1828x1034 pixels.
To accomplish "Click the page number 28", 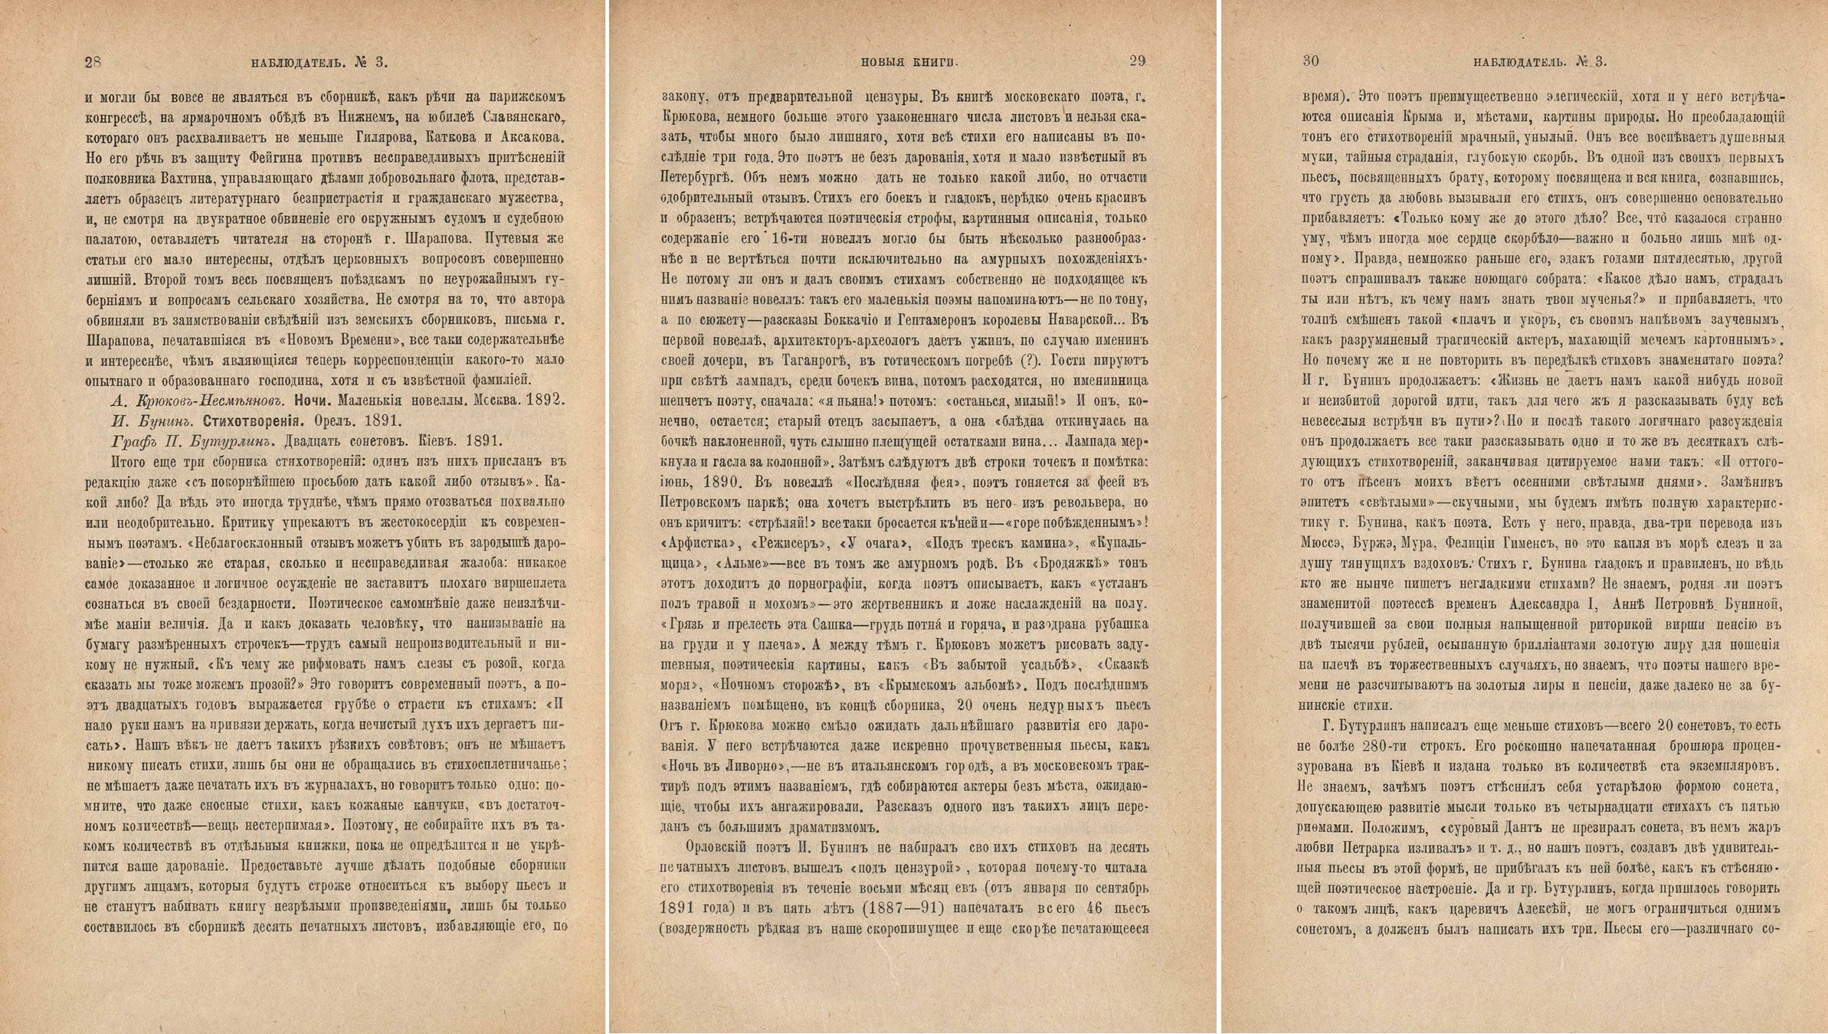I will (x=93, y=62).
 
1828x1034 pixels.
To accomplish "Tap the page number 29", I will (x=1137, y=61).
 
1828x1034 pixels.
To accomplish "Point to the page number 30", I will (x=1311, y=61).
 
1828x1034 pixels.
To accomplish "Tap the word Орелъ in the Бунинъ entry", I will (x=331, y=420).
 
